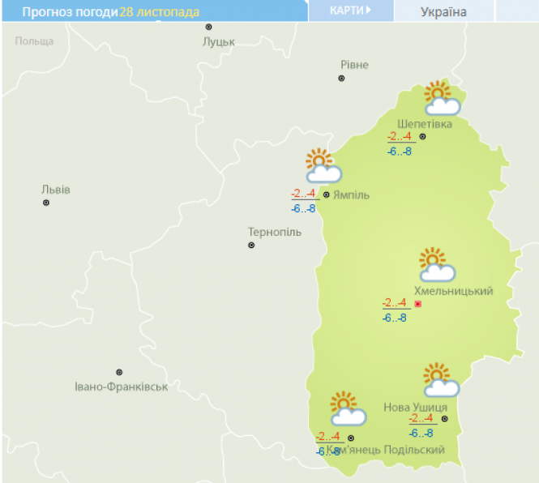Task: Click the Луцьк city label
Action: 218,41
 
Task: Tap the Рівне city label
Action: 354,65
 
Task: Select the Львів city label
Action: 56,190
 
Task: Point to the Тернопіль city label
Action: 274,233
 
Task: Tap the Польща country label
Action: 34,41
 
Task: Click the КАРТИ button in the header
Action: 350,11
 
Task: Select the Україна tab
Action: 443,11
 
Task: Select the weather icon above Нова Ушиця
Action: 440,380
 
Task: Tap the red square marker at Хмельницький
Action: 418,304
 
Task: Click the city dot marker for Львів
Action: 46,203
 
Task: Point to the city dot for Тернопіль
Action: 251,245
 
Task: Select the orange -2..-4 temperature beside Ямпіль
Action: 303,193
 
